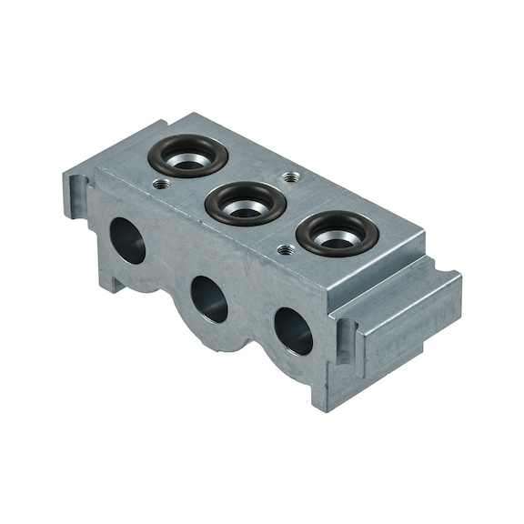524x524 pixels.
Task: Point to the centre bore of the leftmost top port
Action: pos(189,157)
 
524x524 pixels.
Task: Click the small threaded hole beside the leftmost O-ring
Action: pos(160,184)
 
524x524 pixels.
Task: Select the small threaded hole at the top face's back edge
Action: pos(289,177)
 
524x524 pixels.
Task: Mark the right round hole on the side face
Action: pos(293,330)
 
